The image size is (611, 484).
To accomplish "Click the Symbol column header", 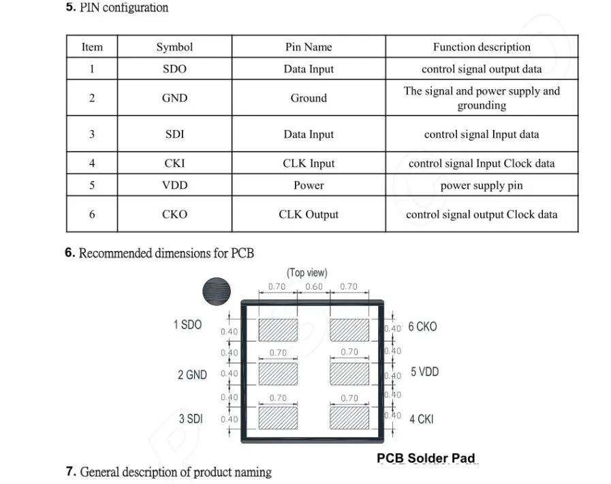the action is pos(174,47).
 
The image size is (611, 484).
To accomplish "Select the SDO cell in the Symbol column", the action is pos(174,69).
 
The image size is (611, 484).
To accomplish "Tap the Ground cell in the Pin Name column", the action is pos(309,98).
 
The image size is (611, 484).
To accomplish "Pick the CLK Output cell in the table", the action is pos(309,214).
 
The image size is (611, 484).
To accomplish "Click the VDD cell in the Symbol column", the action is pos(174,185).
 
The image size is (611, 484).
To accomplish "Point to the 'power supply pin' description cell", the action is pos(482,185).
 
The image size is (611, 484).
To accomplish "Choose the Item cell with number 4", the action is pos(92,163).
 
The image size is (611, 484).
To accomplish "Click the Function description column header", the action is pos(482,47).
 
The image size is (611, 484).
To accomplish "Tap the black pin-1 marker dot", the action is pos(217,291).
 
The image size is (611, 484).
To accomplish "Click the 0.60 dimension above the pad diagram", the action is pos(314,287).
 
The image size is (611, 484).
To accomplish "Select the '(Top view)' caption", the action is pos(307,273).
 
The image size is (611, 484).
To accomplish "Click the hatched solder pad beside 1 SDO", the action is pos(278,330).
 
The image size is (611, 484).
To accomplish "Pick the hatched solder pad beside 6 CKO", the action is pos(349,330).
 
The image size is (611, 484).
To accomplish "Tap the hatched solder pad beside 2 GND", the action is pos(278,374).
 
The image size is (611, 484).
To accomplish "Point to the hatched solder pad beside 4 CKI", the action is pos(349,418).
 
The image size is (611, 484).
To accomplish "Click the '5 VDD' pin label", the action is pos(425,372).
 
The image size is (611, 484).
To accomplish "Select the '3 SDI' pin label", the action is pos(191,419).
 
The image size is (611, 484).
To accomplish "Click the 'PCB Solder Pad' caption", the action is pos(426,458).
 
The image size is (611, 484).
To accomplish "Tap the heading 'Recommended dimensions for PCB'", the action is pos(166,253).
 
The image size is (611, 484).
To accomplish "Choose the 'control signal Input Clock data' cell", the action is pos(482,164).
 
